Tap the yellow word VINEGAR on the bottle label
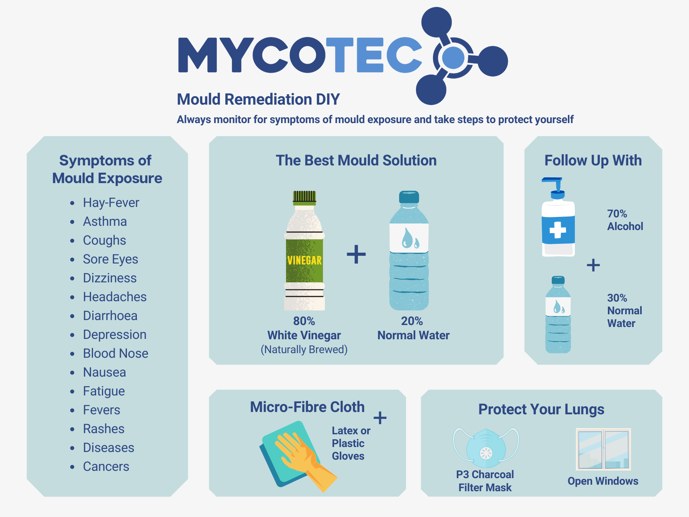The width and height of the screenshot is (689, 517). [x=305, y=260]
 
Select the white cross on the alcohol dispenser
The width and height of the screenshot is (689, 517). [x=558, y=230]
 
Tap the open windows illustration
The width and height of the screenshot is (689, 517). [x=603, y=449]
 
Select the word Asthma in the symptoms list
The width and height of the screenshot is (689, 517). [x=105, y=222]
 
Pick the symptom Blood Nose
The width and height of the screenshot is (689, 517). [x=115, y=354]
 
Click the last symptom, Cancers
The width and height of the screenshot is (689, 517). [x=106, y=467]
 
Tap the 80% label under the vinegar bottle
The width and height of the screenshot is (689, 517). [x=304, y=321]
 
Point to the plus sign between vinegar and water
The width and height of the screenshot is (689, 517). [x=356, y=254]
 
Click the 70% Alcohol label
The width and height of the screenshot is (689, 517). [x=625, y=220]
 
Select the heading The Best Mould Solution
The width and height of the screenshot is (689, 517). [x=356, y=160]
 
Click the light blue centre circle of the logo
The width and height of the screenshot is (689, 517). [x=453, y=57]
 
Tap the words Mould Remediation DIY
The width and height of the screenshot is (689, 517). [x=258, y=99]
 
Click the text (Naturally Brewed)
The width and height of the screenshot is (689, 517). [x=304, y=350]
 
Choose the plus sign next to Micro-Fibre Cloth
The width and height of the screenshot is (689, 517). [x=380, y=418]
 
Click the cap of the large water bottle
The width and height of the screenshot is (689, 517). [x=409, y=197]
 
